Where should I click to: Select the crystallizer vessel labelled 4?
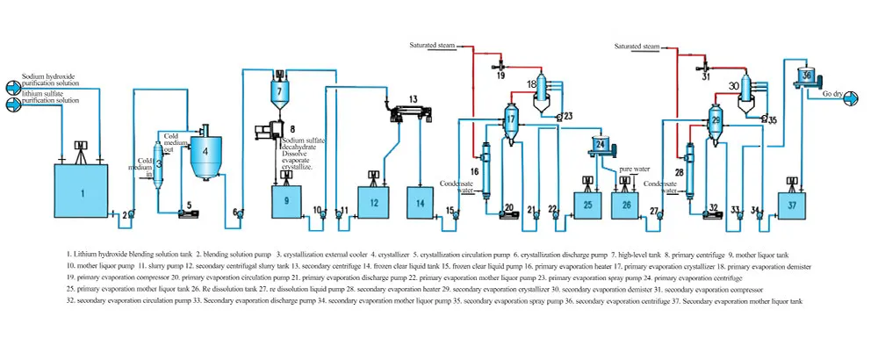click(205, 151)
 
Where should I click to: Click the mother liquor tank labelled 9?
click(287, 201)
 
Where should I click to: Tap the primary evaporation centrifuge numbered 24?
click(601, 144)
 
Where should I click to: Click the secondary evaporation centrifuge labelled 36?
click(806, 77)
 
